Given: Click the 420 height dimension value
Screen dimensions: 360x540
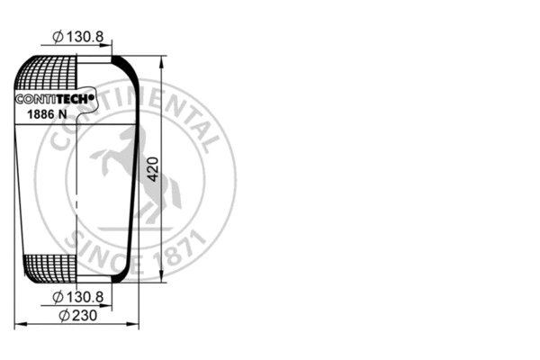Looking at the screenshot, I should coord(153,168).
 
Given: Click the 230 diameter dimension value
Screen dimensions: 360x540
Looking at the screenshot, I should coord(80,315).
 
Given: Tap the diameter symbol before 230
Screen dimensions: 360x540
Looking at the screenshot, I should coord(64,315).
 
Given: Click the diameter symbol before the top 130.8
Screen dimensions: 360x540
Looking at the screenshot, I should coord(58,36).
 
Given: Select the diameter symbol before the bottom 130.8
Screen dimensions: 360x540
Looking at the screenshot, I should coord(58,296).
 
